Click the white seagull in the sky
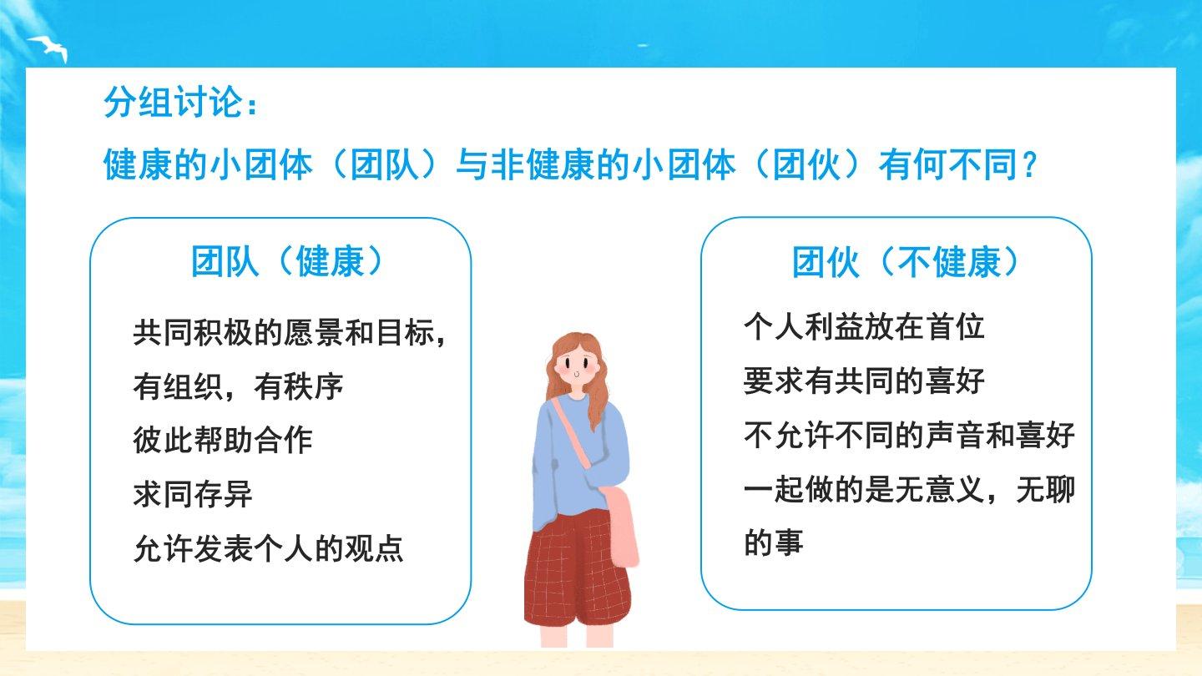click(x=49, y=48)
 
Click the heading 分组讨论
click(x=173, y=102)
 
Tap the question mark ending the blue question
click(x=1029, y=164)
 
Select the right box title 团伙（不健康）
click(x=905, y=262)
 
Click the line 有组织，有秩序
click(x=238, y=386)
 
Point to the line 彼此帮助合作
click(x=223, y=440)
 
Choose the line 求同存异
click(x=193, y=494)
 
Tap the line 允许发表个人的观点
click(x=268, y=547)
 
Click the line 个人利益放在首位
click(x=864, y=327)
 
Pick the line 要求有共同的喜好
click(x=864, y=381)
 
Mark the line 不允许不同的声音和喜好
click(x=909, y=435)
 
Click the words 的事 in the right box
click(x=774, y=542)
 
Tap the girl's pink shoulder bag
click(x=623, y=526)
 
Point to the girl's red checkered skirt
click(x=577, y=568)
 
